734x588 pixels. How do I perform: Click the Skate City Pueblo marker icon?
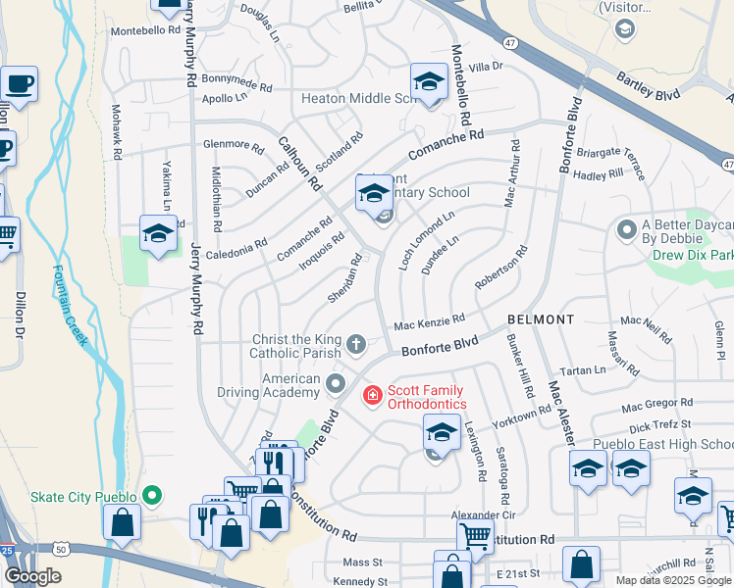tap(151, 495)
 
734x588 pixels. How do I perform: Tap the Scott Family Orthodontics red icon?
tap(373, 396)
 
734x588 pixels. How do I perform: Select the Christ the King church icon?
tap(355, 344)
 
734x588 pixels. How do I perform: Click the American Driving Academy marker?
tap(337, 382)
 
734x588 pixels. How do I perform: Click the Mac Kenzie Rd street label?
tap(429, 322)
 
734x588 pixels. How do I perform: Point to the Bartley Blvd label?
tap(648, 87)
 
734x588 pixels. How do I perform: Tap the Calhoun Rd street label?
tap(299, 162)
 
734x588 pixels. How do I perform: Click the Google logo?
tap(32, 577)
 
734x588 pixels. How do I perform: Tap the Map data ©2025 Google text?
tap(673, 580)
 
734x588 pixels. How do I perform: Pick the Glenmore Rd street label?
tap(233, 146)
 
